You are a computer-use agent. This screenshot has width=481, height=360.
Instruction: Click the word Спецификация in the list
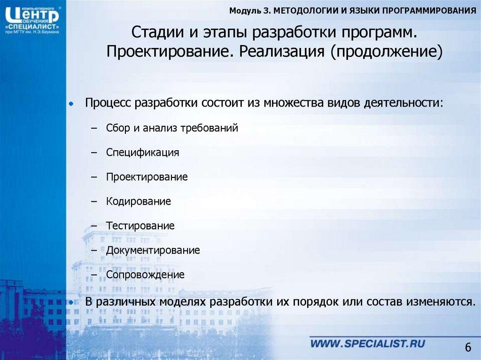[x=142, y=153]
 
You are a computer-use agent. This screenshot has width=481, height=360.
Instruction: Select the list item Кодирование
[x=138, y=202]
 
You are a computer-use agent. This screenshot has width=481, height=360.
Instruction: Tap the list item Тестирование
[x=140, y=226]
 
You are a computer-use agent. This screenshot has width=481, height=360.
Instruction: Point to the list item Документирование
[x=153, y=250]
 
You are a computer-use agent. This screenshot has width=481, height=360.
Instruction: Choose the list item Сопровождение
[x=145, y=275]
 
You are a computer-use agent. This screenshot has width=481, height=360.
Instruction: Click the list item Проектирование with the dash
[x=147, y=177]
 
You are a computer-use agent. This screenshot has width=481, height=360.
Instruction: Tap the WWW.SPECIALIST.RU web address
[x=367, y=344]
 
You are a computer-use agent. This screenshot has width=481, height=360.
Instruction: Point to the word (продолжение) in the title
[x=387, y=50]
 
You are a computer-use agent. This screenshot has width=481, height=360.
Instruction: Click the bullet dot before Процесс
[x=71, y=103]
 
